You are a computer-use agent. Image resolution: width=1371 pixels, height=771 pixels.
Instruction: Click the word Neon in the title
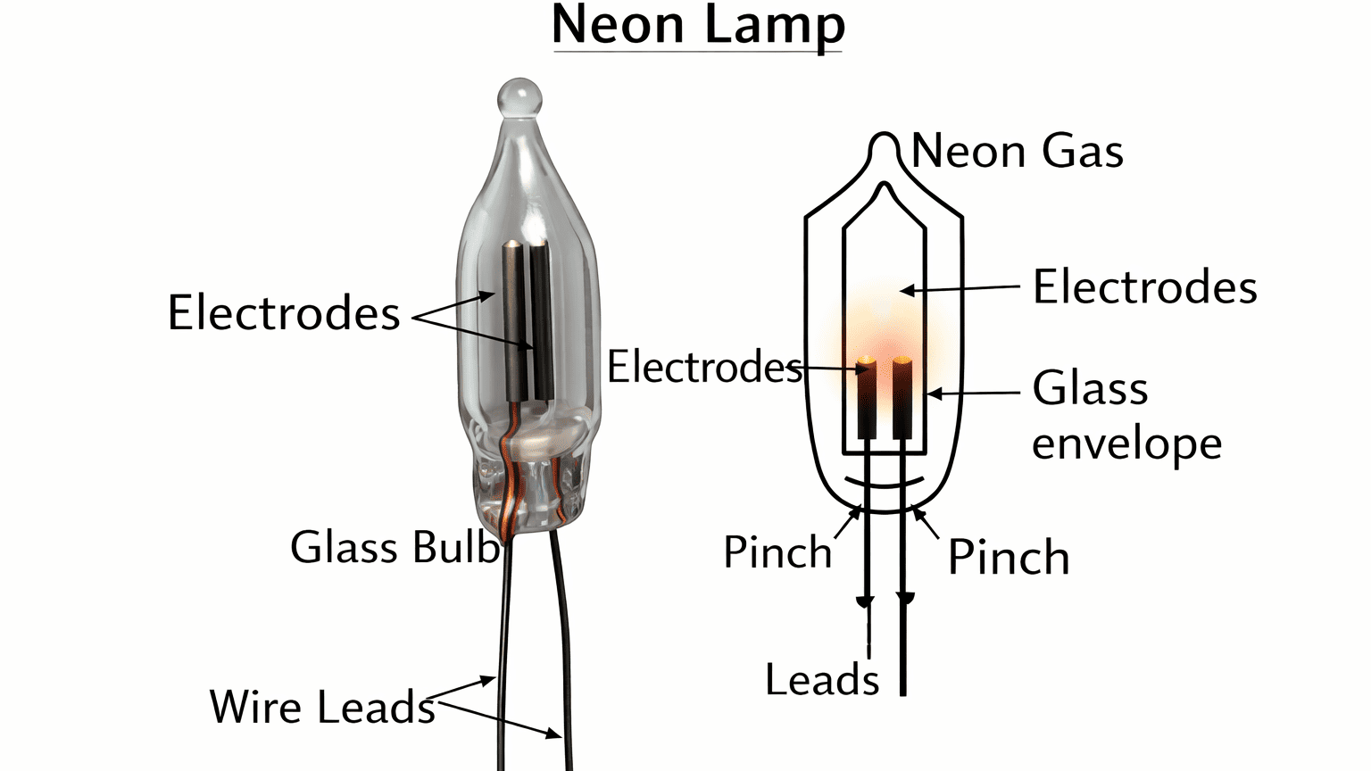pos(619,25)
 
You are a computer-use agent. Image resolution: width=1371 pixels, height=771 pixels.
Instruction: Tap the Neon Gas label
pos(1017,151)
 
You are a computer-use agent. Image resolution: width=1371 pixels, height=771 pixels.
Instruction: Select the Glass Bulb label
pos(394,547)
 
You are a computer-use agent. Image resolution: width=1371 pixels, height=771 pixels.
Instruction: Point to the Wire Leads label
pos(322,707)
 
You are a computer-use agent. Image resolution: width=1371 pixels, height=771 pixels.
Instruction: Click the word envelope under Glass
pos(1126,444)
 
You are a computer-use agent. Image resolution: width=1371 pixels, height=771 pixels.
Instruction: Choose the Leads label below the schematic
pos(822,680)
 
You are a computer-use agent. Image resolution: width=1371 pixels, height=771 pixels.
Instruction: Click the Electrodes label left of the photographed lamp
pos(284,313)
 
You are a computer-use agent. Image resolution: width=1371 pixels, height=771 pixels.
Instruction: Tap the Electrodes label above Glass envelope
pos(1144,287)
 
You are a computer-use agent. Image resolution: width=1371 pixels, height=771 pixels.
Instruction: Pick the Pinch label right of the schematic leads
pos(1008,558)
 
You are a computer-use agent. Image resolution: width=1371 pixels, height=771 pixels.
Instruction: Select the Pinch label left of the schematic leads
pos(777,552)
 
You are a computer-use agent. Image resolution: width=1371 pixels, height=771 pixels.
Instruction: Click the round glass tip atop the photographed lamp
pos(519,97)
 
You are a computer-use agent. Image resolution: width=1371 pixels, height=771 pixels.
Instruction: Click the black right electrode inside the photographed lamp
pos(541,321)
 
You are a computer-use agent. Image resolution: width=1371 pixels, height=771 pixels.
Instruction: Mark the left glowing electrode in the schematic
pos(866,397)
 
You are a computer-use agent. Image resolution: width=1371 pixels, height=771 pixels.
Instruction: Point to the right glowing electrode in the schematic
pos(902,397)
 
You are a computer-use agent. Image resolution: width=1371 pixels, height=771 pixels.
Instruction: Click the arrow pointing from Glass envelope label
pos(973,393)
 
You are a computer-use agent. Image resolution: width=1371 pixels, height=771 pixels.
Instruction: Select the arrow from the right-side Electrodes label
pos(960,288)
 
